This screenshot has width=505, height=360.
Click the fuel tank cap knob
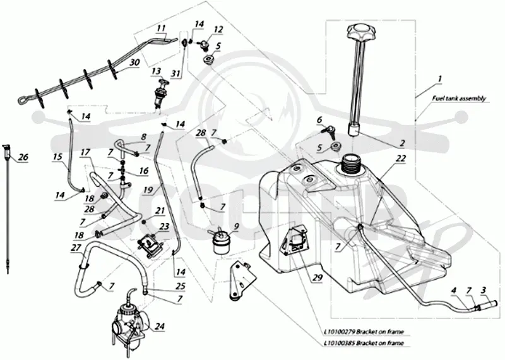pos(360,32)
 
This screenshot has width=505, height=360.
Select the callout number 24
pos(160,327)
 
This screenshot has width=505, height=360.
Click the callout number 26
pos(23,157)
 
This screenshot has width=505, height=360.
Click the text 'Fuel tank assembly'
pos(459,99)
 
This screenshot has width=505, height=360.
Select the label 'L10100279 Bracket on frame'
pos(364,332)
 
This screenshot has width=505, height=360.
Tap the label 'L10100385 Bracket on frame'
pos(364,343)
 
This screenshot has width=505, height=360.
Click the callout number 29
pos(318,277)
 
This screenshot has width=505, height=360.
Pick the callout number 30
pos(134,62)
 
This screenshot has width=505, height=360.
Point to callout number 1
pos(440,78)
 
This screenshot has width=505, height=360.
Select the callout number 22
pos(401,159)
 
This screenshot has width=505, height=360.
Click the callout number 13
pos(156,71)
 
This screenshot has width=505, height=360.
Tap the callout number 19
pos(148,190)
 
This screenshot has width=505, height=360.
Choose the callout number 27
pos(76,248)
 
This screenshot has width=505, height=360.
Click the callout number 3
pos(483,290)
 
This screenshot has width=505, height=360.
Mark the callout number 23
pos(164,227)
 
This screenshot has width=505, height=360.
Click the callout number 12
pos(218,29)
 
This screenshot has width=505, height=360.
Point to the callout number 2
pos(401,143)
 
